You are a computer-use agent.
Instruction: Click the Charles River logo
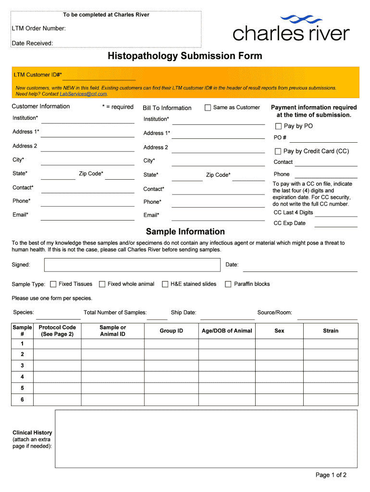click(291, 28)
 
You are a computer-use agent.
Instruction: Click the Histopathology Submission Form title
click(185, 56)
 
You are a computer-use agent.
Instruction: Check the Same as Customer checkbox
click(208, 108)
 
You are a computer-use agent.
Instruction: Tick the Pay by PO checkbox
click(278, 126)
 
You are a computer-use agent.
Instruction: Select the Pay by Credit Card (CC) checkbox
click(278, 151)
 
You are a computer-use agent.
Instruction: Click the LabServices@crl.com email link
click(83, 94)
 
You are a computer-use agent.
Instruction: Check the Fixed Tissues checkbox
click(53, 284)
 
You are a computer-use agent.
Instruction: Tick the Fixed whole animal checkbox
click(102, 284)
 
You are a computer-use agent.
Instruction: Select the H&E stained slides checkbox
click(165, 284)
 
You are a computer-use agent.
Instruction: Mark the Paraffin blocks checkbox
click(228, 284)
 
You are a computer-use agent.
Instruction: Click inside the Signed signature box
click(133, 265)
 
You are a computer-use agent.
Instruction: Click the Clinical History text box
click(206, 438)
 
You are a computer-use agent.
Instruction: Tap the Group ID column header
click(172, 331)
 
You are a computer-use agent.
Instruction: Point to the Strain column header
click(331, 331)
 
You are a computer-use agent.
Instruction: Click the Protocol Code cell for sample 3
click(57, 366)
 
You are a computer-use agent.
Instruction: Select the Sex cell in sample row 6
click(279, 400)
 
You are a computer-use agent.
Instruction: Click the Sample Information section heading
click(185, 232)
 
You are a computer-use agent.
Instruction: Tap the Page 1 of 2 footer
click(331, 475)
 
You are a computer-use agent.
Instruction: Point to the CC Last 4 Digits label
click(293, 212)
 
